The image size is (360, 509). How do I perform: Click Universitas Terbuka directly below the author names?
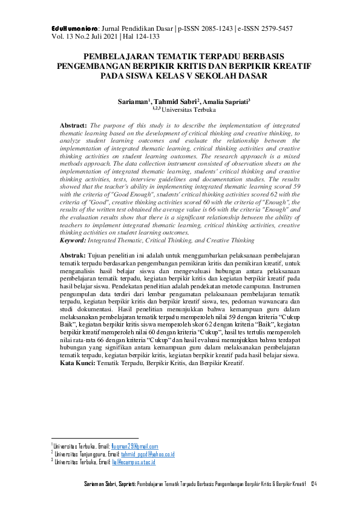[x=183, y=110]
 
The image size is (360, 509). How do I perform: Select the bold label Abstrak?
[x=73, y=256]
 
